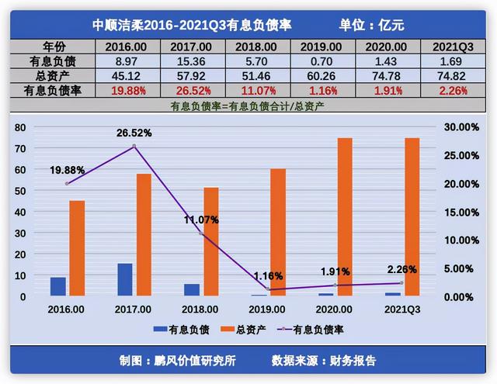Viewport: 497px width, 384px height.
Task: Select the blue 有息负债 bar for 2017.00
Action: coord(125,279)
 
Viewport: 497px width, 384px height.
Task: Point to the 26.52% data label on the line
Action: coord(134,133)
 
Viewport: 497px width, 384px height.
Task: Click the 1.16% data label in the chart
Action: coord(268,275)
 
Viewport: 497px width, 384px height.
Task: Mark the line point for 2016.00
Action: coord(68,184)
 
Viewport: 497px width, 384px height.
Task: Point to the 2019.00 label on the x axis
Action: coord(268,309)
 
